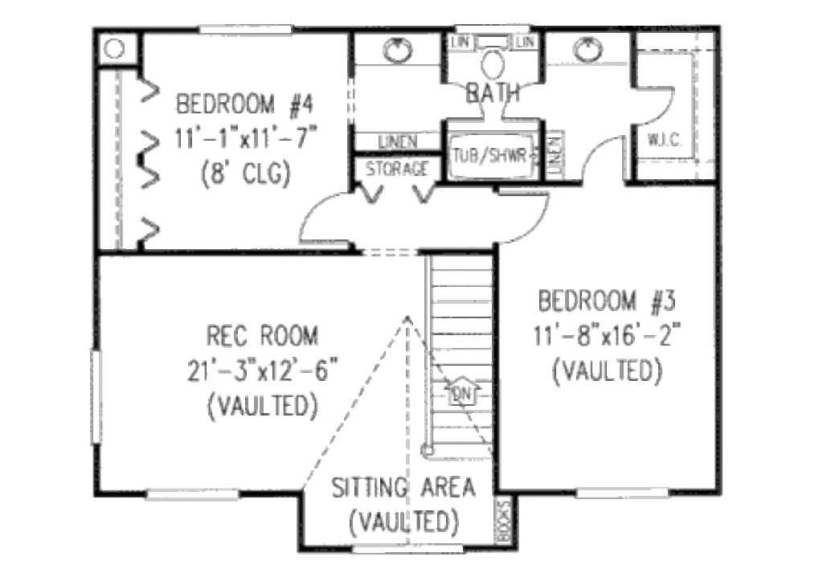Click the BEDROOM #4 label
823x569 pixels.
point(249,105)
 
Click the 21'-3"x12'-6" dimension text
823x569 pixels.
point(261,370)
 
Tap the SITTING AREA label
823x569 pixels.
point(403,487)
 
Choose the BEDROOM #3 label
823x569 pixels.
point(608,303)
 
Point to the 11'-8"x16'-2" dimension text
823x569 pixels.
point(608,338)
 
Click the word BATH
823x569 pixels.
point(493,93)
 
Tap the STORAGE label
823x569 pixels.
point(397,170)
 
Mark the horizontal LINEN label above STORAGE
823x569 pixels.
point(396,142)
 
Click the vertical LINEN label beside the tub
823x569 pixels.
point(554,153)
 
